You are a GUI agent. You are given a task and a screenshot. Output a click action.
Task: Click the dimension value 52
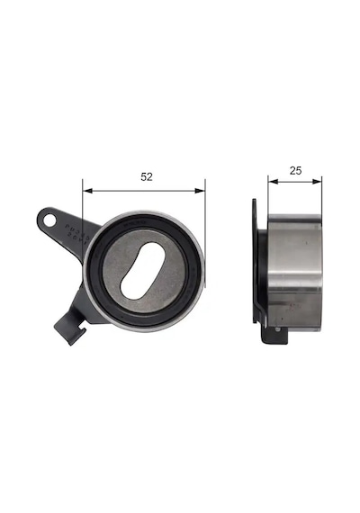pos(147,176)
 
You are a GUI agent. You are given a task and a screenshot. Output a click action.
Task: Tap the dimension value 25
pos(295,170)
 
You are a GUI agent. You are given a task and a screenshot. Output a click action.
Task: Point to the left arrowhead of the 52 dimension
pos(87,191)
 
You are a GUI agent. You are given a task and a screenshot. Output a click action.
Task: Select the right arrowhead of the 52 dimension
pos(200,191)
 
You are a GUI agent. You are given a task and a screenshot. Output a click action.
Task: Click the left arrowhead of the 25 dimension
pos(273,181)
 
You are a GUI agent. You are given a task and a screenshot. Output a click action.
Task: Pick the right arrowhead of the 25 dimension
pos(317,181)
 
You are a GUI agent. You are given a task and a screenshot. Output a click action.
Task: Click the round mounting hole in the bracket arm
pos(50,220)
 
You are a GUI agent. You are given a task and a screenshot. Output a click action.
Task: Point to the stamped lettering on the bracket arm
pos(76,234)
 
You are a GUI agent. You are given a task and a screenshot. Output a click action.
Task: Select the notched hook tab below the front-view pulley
pos(70,328)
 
